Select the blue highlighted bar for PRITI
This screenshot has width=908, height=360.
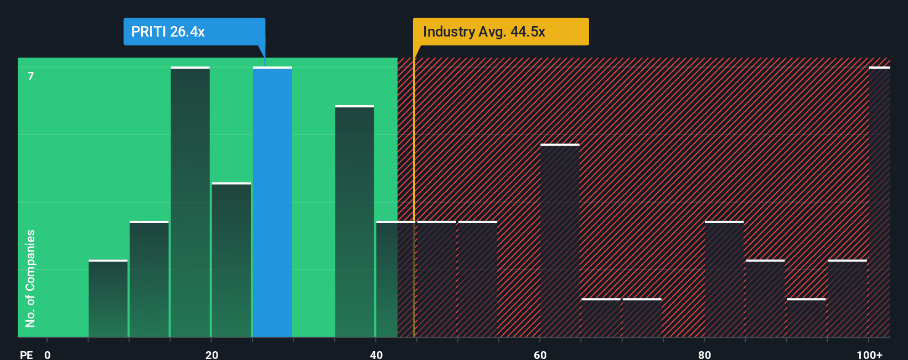click(x=272, y=202)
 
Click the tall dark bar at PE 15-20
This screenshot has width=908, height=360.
click(x=190, y=202)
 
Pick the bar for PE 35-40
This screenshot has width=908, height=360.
click(x=354, y=222)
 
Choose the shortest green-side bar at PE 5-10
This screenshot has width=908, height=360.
click(x=108, y=299)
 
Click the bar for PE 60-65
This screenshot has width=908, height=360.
click(x=560, y=241)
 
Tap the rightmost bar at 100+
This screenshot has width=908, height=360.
click(x=879, y=202)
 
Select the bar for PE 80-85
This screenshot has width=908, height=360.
click(x=724, y=280)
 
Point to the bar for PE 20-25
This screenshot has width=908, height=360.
click(x=231, y=260)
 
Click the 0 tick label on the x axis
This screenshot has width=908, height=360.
click(x=48, y=354)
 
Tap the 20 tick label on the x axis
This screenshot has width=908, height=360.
click(x=211, y=354)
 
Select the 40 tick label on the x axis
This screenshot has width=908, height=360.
click(x=376, y=354)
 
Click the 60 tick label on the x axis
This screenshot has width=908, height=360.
click(x=540, y=354)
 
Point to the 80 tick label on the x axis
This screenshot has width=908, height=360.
click(x=704, y=354)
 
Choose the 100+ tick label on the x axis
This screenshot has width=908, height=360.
click(x=869, y=354)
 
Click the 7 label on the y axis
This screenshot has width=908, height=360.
click(x=31, y=76)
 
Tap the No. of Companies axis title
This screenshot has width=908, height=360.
click(x=30, y=278)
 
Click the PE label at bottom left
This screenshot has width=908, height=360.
click(x=26, y=354)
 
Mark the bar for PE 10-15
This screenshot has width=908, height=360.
click(x=149, y=280)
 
